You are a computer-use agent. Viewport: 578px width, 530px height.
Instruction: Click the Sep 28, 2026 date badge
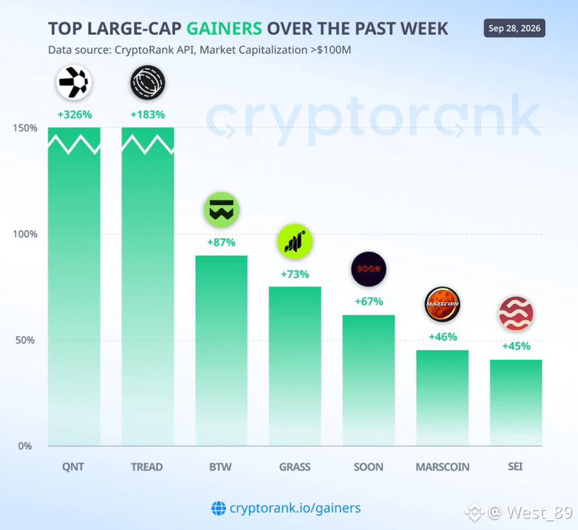tap(515, 29)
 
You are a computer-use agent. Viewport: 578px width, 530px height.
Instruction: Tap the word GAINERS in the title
tap(224, 29)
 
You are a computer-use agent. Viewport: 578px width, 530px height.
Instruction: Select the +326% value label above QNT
tap(75, 114)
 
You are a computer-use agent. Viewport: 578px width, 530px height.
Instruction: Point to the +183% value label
tap(148, 114)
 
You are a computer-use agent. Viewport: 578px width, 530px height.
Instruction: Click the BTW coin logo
tap(221, 210)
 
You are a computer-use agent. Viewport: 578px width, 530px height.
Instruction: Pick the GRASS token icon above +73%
tap(295, 241)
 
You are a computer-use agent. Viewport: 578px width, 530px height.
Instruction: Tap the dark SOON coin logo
tap(369, 269)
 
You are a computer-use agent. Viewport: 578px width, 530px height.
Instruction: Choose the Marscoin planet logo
tap(442, 304)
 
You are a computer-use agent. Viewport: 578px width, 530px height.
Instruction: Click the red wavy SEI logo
tap(516, 314)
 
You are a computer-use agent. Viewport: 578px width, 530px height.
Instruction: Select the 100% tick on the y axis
tap(25, 234)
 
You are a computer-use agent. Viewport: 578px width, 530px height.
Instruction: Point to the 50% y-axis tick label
tap(25, 340)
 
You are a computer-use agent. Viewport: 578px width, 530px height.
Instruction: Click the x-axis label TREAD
tap(146, 467)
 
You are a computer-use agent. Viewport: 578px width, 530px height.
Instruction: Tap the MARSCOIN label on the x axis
tap(442, 467)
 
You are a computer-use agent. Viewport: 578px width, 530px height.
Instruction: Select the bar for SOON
tap(369, 380)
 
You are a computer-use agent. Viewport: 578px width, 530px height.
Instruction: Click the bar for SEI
tap(516, 402)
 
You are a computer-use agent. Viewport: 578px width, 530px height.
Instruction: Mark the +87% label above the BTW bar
tap(221, 242)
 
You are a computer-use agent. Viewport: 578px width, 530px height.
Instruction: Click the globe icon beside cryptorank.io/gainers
tap(219, 508)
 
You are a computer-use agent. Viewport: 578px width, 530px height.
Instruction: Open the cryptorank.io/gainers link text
tap(295, 508)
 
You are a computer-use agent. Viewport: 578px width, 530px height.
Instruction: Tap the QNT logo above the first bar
tap(74, 82)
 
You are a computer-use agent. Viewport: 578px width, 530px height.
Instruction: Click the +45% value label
tap(516, 346)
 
